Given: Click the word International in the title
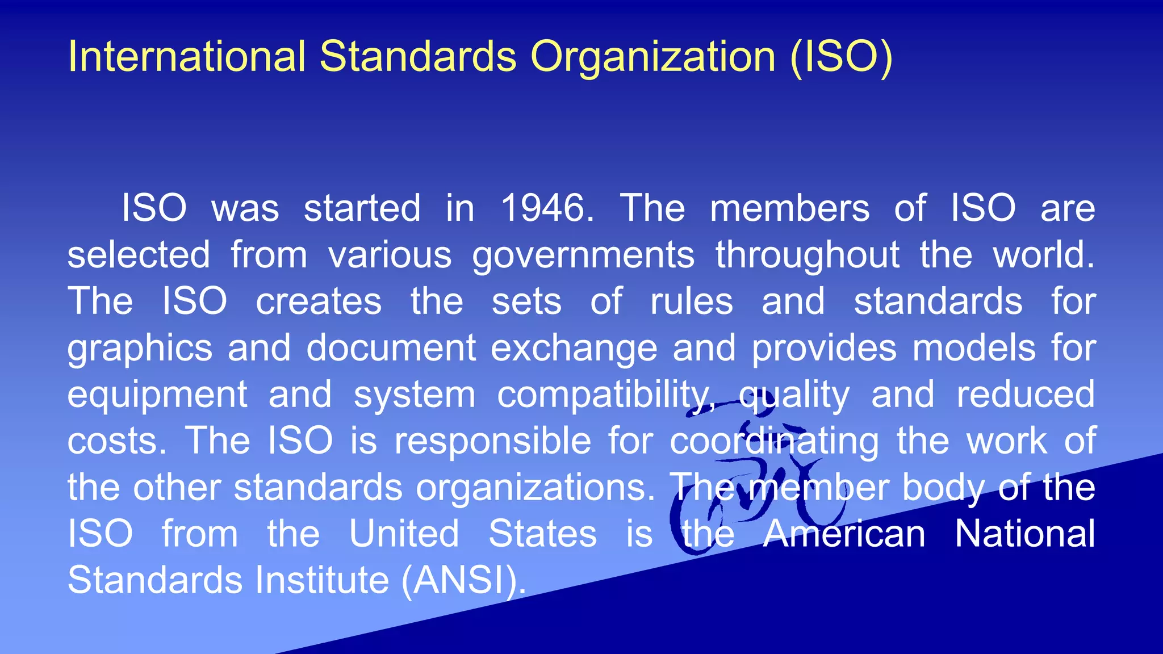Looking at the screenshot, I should (x=187, y=57).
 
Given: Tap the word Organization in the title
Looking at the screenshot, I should (x=653, y=58).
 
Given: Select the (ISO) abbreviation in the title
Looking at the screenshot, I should (x=841, y=57).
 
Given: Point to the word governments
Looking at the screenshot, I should (x=583, y=255).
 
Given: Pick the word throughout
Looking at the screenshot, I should (x=808, y=254).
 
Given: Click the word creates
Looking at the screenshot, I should (x=319, y=301).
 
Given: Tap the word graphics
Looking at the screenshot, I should (x=140, y=349).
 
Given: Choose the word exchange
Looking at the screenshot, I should (x=574, y=347).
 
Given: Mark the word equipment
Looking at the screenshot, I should (x=157, y=395).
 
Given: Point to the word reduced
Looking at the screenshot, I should (x=1026, y=394).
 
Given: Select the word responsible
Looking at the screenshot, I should (x=492, y=441).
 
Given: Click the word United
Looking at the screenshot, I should (x=404, y=534).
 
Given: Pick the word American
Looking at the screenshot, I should (x=844, y=534).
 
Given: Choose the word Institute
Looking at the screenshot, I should (x=322, y=580).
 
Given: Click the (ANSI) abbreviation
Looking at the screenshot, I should (x=463, y=580).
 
